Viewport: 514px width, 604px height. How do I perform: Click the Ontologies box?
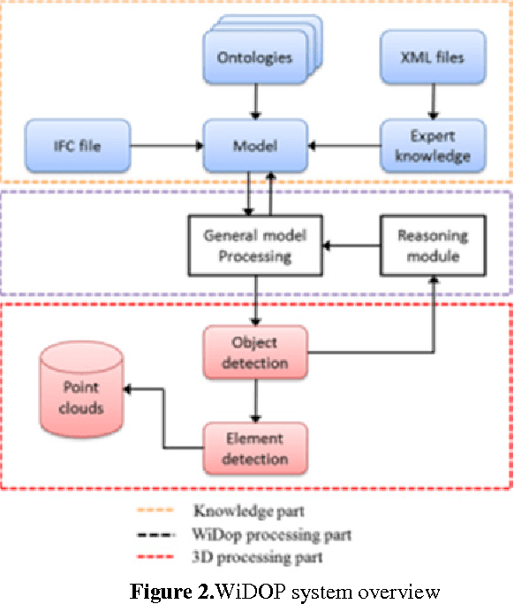point(254,58)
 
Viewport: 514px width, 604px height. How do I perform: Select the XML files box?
point(433,58)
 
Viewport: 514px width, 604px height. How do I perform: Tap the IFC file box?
point(78,146)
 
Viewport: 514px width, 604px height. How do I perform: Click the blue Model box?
point(255,146)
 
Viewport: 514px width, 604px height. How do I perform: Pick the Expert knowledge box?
point(433,146)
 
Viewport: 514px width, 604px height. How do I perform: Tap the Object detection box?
point(255,351)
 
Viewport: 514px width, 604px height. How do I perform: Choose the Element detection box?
point(255,449)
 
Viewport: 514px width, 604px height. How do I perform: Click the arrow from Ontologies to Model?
point(254,102)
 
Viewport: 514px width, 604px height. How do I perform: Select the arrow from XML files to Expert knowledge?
point(433,102)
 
